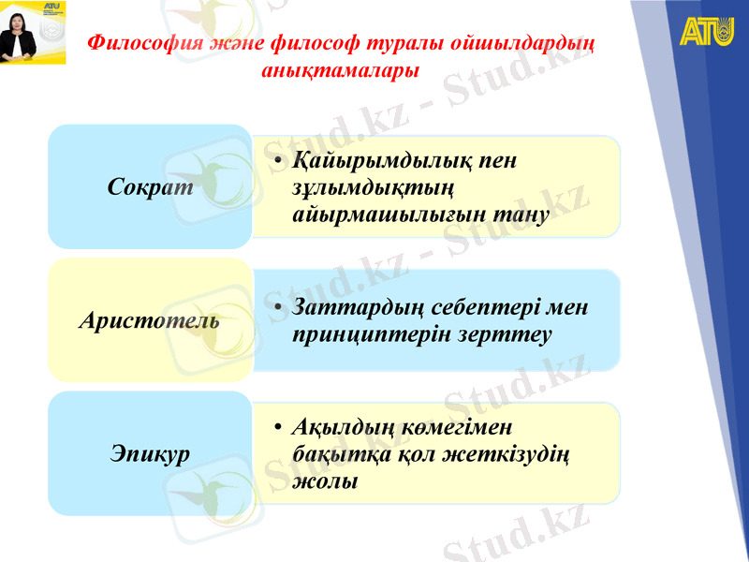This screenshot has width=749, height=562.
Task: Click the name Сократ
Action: (151, 186)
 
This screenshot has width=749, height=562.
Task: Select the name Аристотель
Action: (150, 320)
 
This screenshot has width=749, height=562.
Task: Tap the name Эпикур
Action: (150, 454)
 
